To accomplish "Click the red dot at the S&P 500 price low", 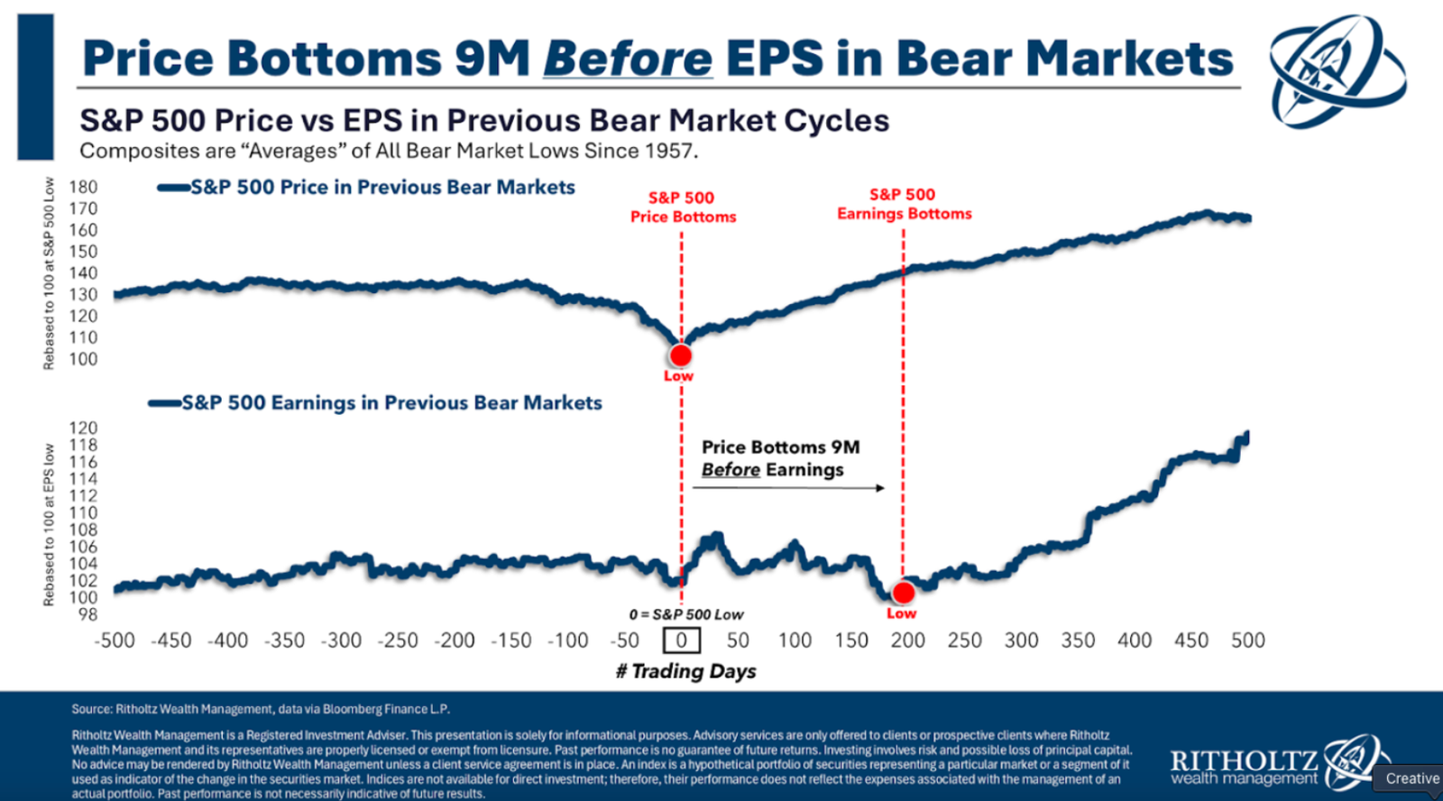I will (x=681, y=355).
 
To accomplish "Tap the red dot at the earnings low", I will (x=903, y=593).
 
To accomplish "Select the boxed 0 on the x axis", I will (x=682, y=640).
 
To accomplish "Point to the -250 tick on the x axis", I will (x=398, y=640).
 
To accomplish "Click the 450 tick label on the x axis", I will (x=1190, y=640).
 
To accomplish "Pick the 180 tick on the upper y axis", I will (x=83, y=187).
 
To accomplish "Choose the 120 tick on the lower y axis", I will (x=83, y=428).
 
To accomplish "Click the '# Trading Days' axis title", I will (x=685, y=671).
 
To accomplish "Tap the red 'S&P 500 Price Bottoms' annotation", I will (x=683, y=207).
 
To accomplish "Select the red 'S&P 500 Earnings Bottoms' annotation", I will (x=904, y=204).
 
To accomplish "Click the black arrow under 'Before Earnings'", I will (x=788, y=488).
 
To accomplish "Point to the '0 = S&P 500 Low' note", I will (x=686, y=614).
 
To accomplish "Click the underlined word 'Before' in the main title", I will (x=628, y=59).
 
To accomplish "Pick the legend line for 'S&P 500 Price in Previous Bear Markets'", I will (x=174, y=188).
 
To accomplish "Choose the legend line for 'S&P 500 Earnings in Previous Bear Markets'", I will (x=165, y=403).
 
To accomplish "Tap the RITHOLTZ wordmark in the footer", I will (x=1244, y=760).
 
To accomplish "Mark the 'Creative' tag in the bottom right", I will (x=1411, y=778).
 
